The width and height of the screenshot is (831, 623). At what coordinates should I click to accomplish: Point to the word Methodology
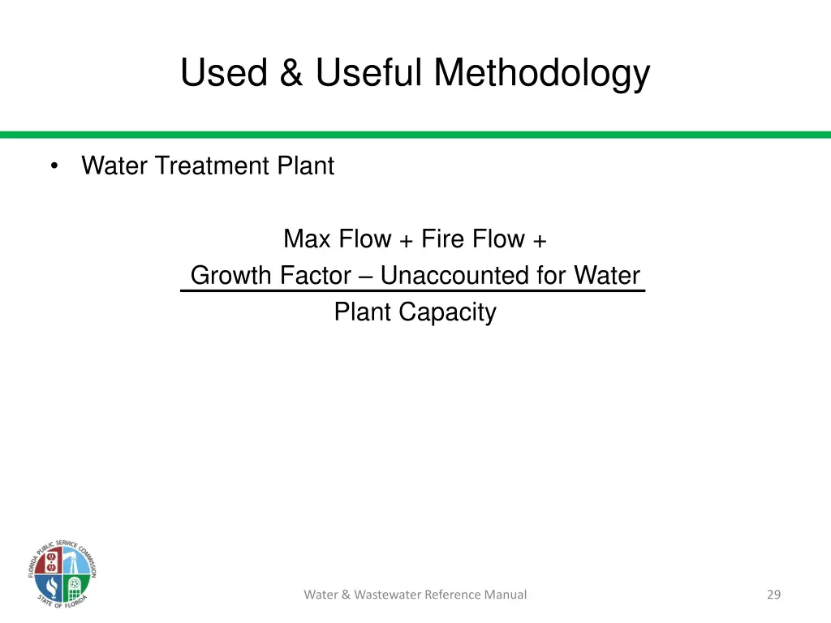point(541,73)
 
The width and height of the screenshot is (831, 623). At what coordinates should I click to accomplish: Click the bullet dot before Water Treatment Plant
point(54,166)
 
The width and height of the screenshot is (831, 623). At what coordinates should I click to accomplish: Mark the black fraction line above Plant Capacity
point(412,290)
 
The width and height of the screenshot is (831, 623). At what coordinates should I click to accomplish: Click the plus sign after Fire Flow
point(540,240)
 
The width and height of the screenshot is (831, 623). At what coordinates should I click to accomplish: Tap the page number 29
point(773,595)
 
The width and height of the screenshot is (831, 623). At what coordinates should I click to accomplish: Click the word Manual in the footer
point(506,595)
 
